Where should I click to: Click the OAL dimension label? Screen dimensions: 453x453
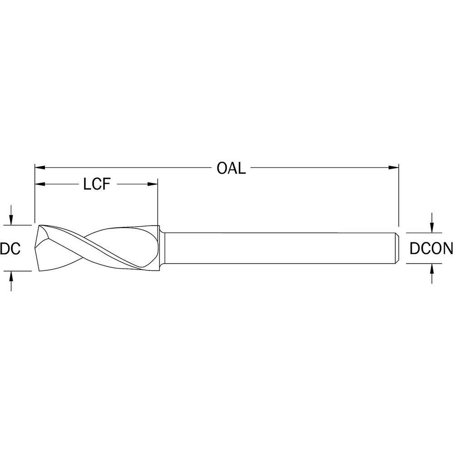coord(231,168)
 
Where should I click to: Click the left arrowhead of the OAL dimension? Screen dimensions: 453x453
coord(40,167)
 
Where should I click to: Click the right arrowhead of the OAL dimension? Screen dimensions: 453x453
coord(394,167)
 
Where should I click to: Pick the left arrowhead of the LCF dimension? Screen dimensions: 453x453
coord(40,184)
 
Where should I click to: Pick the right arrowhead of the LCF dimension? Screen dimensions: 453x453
coord(153,184)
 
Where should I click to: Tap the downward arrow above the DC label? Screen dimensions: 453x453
coord(11,215)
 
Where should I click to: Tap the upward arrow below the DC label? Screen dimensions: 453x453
coord(11,280)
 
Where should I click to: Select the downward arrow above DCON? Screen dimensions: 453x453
coord(432,223)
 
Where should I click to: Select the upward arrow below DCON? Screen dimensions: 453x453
coord(432,274)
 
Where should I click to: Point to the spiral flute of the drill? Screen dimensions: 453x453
coord(98,248)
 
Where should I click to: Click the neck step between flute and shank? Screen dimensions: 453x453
coord(162,249)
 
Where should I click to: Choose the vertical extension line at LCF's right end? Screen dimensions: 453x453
coord(158,202)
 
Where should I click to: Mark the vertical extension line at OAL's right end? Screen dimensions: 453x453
coord(399,195)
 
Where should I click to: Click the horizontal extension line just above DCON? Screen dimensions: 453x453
coord(424,232)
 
